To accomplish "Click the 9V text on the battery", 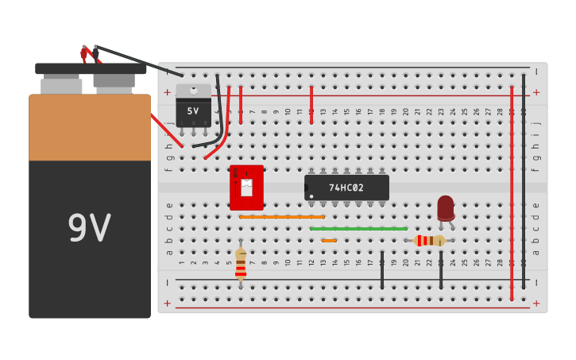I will tap(88, 228).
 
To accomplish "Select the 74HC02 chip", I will tap(346, 188).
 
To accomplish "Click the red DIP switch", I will tap(246, 187).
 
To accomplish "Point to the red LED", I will tap(446, 208).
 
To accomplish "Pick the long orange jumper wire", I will tap(281, 216).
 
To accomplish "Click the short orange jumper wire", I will tap(329, 240).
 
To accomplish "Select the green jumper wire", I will tap(358, 228).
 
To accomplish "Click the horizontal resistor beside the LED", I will tap(430, 240).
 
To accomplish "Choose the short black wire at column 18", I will tap(382, 270).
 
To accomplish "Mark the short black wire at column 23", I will tap(441, 270).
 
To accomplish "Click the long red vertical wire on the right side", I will tap(512, 191).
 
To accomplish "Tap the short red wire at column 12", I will tap(311, 105).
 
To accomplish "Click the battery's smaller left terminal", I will tap(61, 84).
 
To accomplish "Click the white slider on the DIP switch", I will tap(246, 188).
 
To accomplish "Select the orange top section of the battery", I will tap(90, 127).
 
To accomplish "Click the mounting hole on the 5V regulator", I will tap(193, 91).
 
